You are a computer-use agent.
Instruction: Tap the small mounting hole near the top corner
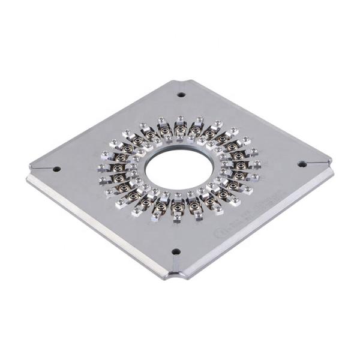pyautogui.click(x=181, y=94)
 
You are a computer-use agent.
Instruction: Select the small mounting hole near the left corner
pyautogui.click(x=56, y=169)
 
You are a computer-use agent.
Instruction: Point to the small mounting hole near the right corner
pyautogui.click(x=302, y=164)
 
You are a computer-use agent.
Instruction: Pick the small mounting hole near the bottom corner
pyautogui.click(x=176, y=251)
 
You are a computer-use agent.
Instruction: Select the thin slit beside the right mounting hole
pyautogui.click(x=318, y=162)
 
